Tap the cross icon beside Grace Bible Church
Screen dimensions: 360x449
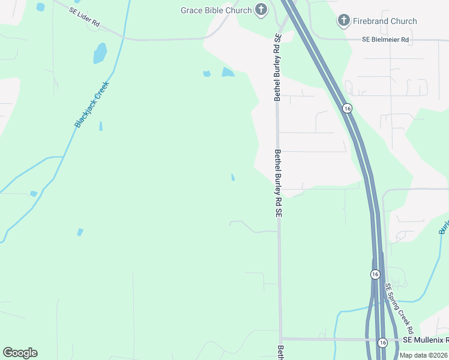click(x=261, y=10)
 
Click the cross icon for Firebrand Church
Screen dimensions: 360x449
click(x=343, y=21)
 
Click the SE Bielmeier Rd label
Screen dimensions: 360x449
click(x=385, y=39)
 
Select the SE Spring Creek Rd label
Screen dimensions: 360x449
click(x=399, y=308)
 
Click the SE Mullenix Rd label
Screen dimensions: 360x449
click(x=424, y=340)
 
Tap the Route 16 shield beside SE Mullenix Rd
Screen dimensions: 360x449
click(x=382, y=342)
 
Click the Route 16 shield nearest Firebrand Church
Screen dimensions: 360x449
click(x=347, y=108)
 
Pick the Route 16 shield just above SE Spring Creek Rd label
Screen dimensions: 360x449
click(x=375, y=274)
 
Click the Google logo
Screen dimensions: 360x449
click(x=20, y=353)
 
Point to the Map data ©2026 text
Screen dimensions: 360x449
click(x=424, y=355)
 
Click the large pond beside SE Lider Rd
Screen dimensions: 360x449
click(x=100, y=53)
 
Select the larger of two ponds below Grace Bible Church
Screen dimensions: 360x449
click(x=228, y=73)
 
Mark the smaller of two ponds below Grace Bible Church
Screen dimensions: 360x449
click(x=207, y=74)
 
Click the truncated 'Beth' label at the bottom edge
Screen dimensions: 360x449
click(x=280, y=352)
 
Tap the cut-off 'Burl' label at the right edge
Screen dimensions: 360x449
click(x=444, y=227)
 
